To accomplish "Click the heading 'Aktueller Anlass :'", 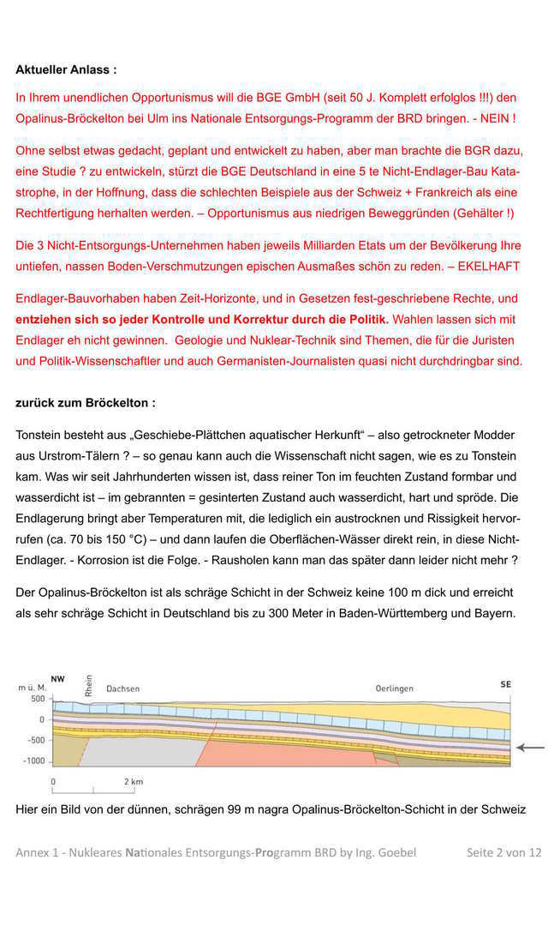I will (66, 69).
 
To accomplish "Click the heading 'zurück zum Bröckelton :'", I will (86, 402).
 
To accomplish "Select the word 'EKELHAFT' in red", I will (489, 267).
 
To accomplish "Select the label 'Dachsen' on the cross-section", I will (122, 688).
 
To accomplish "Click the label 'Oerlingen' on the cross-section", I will (395, 688).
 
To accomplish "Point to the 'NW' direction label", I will (58, 679).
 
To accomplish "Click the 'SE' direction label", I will (505, 684).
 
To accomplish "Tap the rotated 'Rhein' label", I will (88, 686).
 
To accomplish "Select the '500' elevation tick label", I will (38, 700).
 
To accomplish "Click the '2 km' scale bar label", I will (133, 782).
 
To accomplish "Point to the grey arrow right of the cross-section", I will (530, 748).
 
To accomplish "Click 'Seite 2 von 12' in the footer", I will (503, 852).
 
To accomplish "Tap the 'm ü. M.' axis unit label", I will (32, 688).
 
